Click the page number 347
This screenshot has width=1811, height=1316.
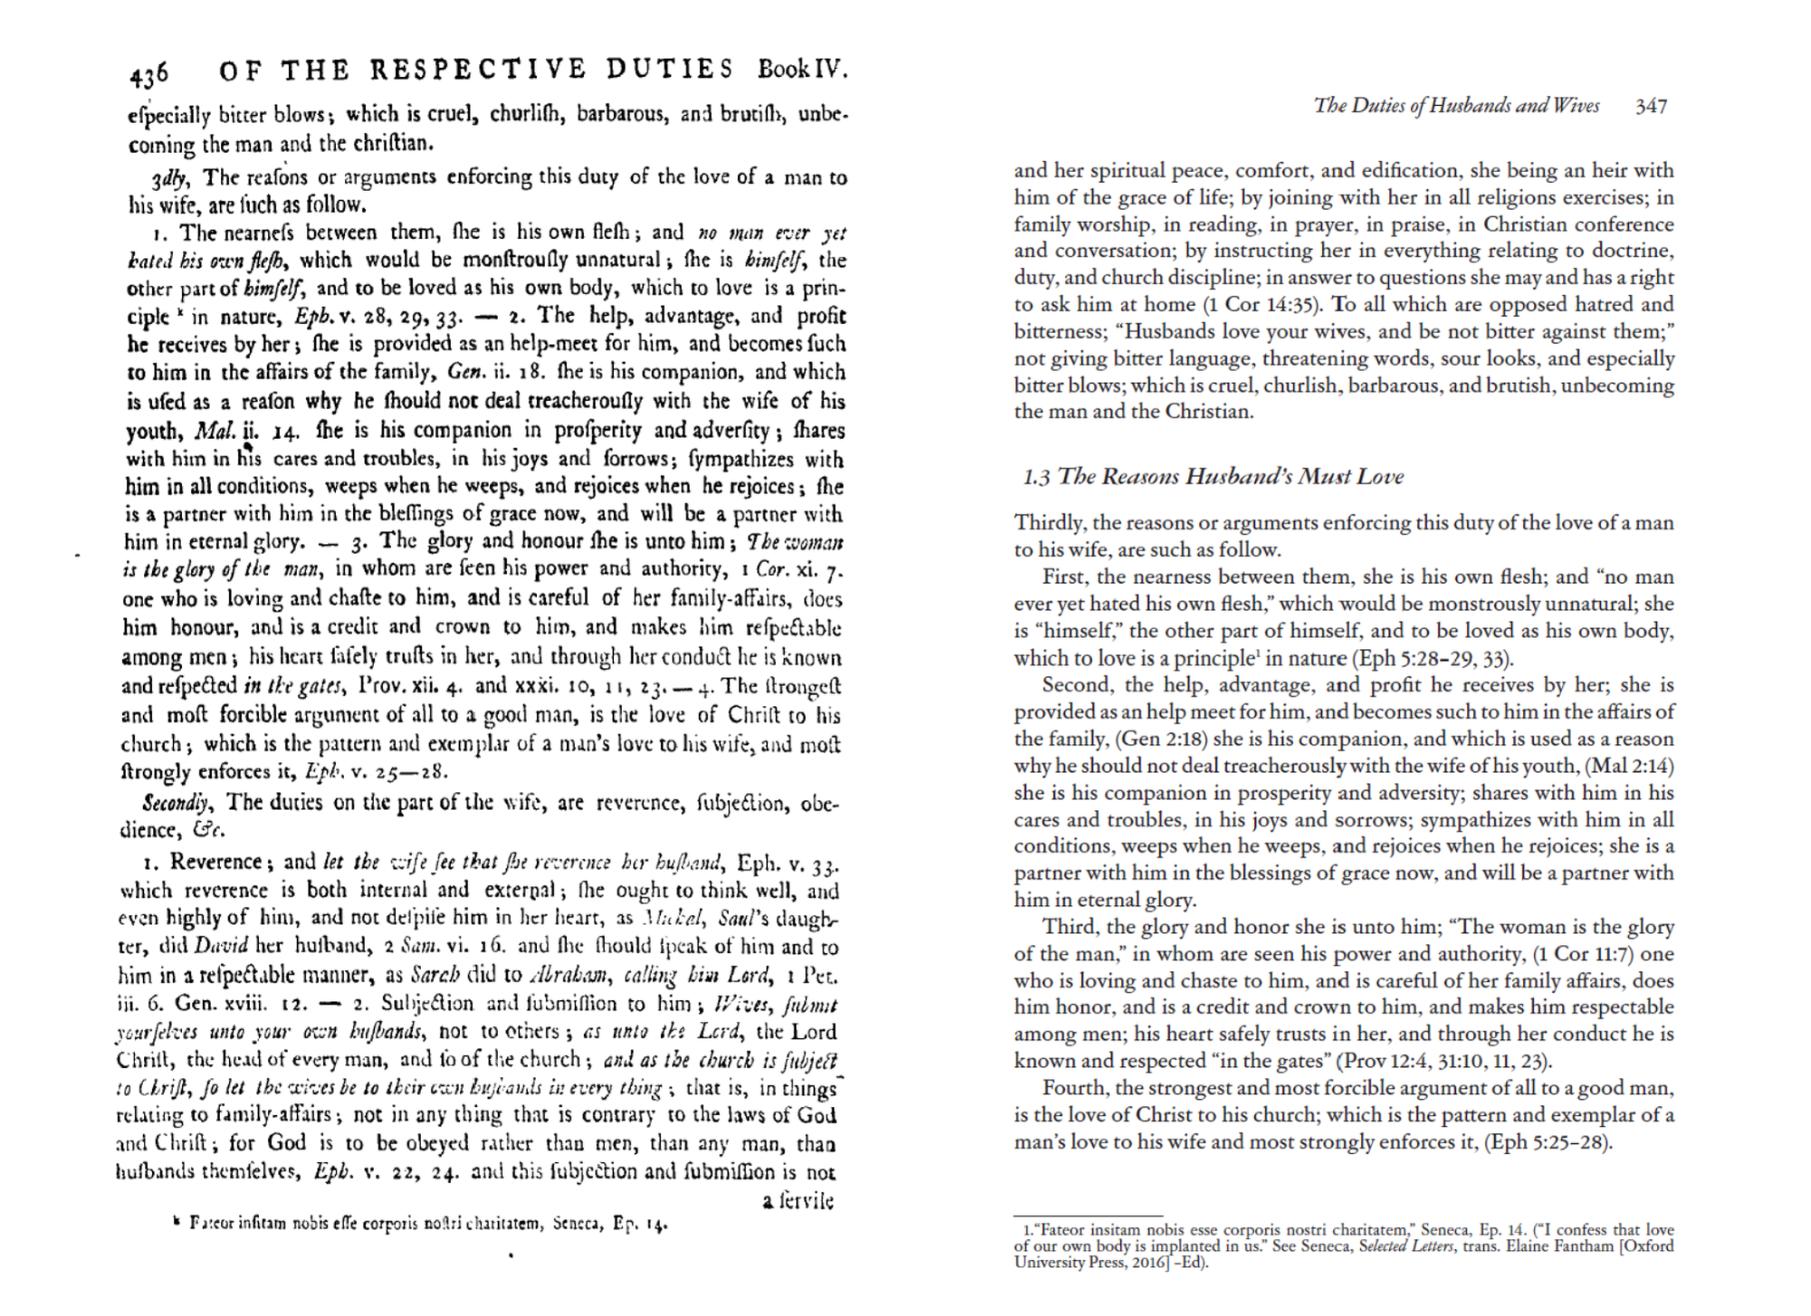pyautogui.click(x=1651, y=106)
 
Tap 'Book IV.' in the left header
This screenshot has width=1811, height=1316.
pyautogui.click(x=802, y=69)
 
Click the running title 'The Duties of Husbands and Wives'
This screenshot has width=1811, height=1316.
pyautogui.click(x=1456, y=106)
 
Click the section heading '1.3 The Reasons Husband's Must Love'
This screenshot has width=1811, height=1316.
pyautogui.click(x=1212, y=476)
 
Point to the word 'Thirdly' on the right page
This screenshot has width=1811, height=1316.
pyautogui.click(x=1050, y=522)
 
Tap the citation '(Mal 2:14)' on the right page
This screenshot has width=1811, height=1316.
pyautogui.click(x=1629, y=766)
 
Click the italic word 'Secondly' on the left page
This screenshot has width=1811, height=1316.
pyautogui.click(x=176, y=803)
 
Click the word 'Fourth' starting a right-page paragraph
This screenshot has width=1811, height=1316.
pyautogui.click(x=1072, y=1088)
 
